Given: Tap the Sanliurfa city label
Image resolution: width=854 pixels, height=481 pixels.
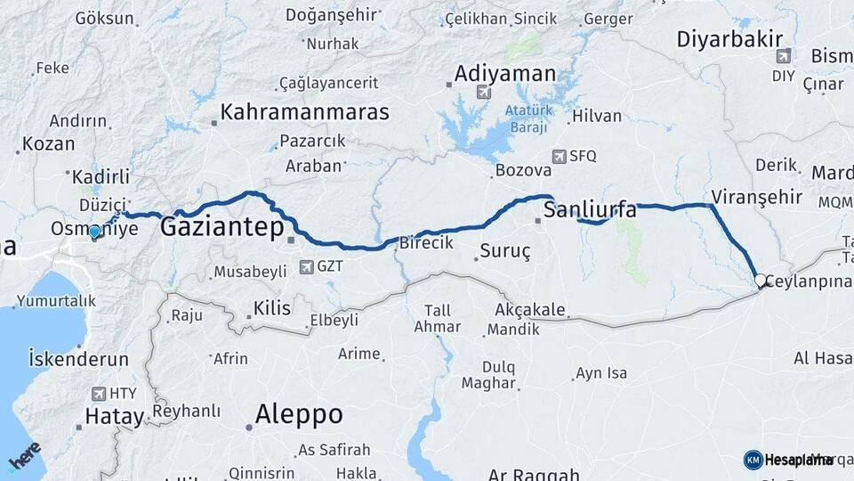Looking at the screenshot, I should click(x=589, y=210).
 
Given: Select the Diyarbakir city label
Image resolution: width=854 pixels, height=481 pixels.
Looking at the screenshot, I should click(x=729, y=38).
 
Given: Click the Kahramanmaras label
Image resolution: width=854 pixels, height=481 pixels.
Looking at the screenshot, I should click(x=305, y=112).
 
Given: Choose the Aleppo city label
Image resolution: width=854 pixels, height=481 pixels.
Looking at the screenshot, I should click(x=298, y=414).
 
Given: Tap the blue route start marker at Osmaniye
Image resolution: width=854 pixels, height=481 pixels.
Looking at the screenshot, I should click(x=94, y=232).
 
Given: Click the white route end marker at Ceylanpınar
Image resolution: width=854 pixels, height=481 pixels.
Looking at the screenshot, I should click(x=761, y=280).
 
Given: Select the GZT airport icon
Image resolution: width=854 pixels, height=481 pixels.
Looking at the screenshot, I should click(x=307, y=265).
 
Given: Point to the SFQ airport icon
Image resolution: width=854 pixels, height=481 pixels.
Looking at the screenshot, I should click(x=559, y=156).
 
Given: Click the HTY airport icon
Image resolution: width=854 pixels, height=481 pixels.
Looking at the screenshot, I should click(x=98, y=393).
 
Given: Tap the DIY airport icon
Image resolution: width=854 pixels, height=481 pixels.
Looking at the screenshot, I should click(x=783, y=56).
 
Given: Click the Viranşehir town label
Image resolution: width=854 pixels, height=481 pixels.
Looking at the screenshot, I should click(x=757, y=197).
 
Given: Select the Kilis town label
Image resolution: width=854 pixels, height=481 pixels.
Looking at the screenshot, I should click(x=271, y=308).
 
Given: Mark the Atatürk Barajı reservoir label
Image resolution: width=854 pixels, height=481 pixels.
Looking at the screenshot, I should click(x=528, y=118).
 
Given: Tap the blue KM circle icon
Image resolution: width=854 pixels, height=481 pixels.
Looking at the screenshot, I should click(x=753, y=460).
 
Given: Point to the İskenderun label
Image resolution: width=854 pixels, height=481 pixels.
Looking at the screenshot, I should click(x=78, y=360).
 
